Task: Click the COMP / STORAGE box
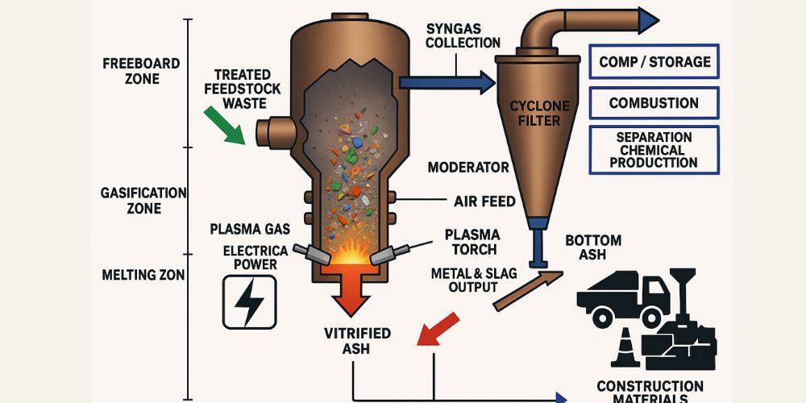click(654, 62)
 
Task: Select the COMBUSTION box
click(654, 103)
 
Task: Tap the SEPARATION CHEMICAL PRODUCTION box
click(654, 150)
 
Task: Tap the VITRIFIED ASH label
click(357, 340)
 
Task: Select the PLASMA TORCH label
click(472, 242)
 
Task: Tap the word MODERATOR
click(467, 168)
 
